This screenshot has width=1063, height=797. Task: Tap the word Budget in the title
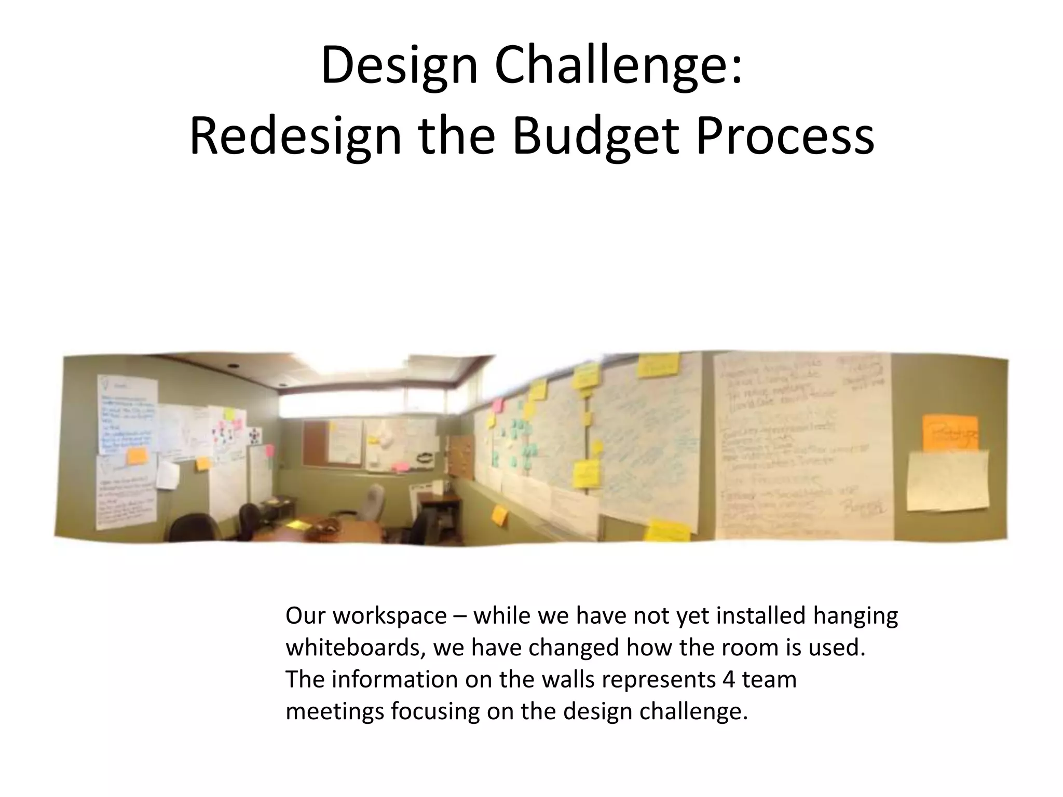pyautogui.click(x=596, y=137)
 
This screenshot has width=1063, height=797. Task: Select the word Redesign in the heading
pyautogui.click(x=295, y=137)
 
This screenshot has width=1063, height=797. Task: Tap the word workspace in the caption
pyautogui.click(x=389, y=616)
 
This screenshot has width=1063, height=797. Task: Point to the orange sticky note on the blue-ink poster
pyautogui.click(x=137, y=457)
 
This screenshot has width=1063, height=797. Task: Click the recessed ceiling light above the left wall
pyautogui.click(x=233, y=366)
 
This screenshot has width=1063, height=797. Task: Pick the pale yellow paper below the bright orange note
pyautogui.click(x=947, y=480)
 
